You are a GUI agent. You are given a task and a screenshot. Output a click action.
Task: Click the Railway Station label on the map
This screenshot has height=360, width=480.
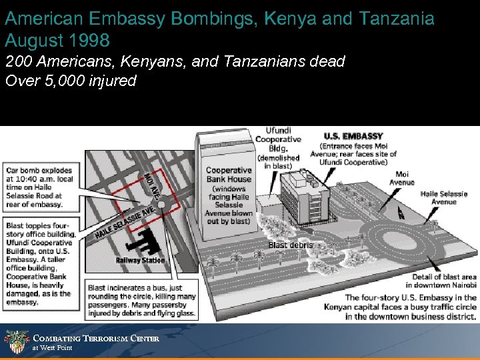pyautogui.click(x=140, y=260)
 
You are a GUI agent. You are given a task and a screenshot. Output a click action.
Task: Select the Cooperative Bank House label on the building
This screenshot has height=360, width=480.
pyautogui.click(x=228, y=175)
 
